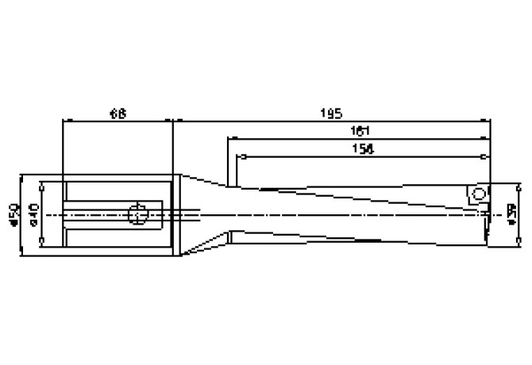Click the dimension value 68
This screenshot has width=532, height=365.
coord(117,113)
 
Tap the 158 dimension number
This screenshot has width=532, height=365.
coord(359,148)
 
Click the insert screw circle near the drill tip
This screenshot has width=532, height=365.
coord(478,194)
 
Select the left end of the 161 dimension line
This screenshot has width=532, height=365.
coord(229,138)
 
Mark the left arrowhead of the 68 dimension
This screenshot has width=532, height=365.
coord(66,121)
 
